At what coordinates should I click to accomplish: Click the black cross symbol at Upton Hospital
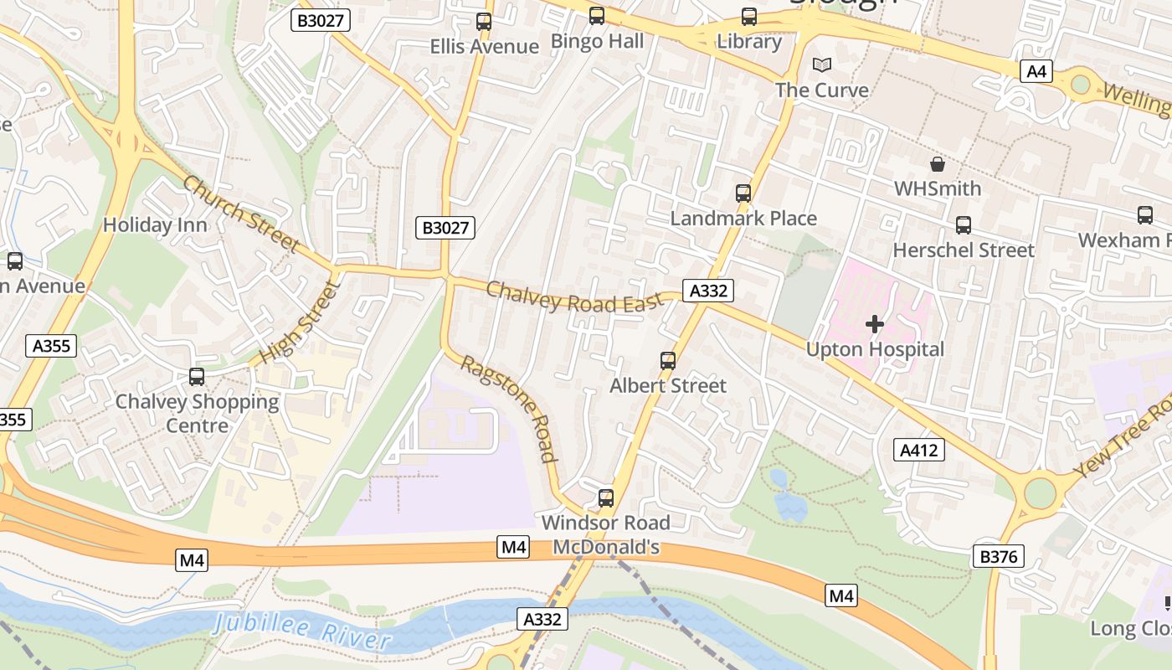(875, 324)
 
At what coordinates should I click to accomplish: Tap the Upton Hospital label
(875, 349)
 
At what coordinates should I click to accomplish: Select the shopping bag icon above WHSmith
(938, 164)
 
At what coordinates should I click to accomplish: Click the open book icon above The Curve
(823, 65)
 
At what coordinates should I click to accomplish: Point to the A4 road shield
(1036, 71)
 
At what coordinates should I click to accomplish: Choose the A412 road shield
(919, 450)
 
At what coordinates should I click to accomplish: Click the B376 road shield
(1000, 556)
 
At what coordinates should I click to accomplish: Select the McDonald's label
(606, 547)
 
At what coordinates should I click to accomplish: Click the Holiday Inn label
(155, 224)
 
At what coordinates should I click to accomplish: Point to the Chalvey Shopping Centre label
(197, 413)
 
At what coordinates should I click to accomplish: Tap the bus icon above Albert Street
(668, 361)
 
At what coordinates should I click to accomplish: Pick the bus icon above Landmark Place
(743, 193)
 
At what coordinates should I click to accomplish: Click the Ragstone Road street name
(509, 408)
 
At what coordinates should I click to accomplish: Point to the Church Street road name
(240, 213)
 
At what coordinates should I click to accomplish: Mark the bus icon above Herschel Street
(964, 225)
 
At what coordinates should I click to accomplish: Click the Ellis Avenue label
(484, 46)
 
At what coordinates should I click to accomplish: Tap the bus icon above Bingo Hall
(597, 16)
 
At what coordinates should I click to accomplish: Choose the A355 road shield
(52, 346)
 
